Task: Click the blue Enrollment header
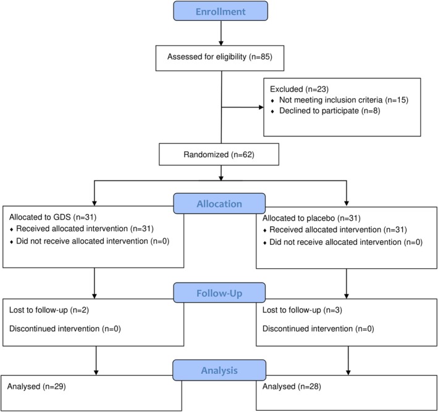221,11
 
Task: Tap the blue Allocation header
219,204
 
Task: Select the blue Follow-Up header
219,293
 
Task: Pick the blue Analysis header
219,370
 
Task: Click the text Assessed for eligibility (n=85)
220,57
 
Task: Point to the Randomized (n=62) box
219,154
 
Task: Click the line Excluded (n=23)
299,89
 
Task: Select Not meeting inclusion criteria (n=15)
343,100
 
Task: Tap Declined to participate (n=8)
330,111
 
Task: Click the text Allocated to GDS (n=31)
53,217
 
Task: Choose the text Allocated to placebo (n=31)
311,218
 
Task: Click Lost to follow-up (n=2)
49,310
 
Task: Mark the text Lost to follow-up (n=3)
302,310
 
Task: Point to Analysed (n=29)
36,386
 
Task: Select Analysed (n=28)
292,386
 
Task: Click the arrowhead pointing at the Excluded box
261,107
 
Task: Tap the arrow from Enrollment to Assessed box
221,33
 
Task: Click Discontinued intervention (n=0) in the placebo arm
318,329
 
